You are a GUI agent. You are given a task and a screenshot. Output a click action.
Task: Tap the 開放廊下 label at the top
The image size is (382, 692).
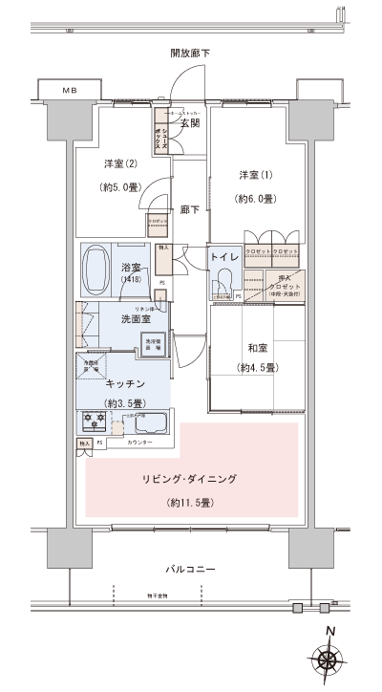point(191,53)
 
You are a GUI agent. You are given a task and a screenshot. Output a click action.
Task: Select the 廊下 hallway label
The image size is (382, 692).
point(188,209)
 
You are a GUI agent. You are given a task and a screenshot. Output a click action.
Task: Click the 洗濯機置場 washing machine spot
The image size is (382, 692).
point(153,342)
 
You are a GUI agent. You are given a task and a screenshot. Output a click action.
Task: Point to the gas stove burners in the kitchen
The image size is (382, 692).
point(93,421)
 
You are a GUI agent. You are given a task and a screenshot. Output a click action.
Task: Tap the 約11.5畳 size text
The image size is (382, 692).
point(189,502)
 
